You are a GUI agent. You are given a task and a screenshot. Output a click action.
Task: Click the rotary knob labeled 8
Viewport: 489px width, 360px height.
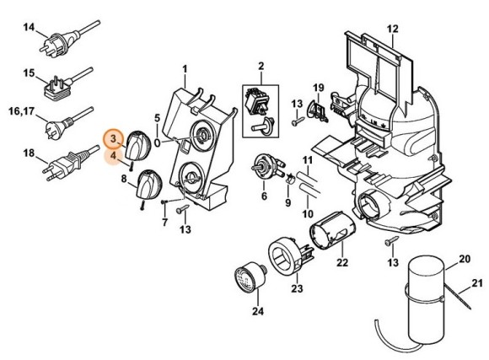point(149,182)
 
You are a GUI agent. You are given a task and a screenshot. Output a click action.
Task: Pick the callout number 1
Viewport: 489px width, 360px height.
point(184,66)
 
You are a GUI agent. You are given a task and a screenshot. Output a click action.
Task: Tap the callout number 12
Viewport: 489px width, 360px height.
point(392,30)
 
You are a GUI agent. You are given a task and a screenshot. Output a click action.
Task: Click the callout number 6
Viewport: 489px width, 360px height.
point(264,196)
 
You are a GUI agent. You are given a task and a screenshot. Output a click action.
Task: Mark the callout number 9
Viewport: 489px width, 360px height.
point(288,202)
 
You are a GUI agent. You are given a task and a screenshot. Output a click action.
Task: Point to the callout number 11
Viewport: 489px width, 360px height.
point(308,160)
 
